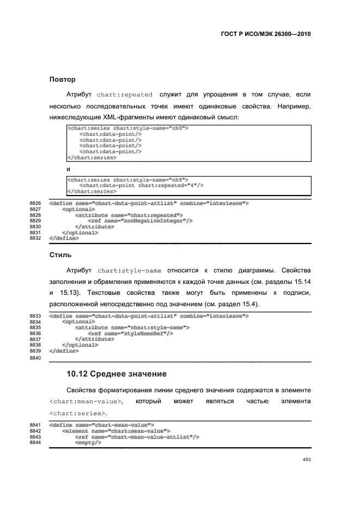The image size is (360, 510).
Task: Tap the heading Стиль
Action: click(x=60, y=254)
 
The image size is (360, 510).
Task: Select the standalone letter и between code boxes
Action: click(x=68, y=169)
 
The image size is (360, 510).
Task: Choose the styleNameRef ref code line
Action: click(x=130, y=333)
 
